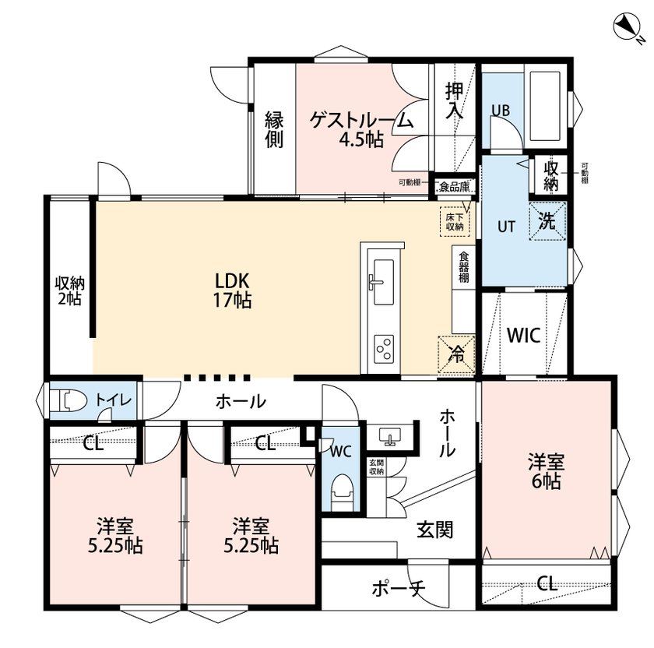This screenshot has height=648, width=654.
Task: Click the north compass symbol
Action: pos(628,29)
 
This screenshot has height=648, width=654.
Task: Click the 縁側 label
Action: pos(273,129)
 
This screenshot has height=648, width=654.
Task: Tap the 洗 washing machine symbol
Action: pos(548,222)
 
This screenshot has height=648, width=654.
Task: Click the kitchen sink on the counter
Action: pos(381,277)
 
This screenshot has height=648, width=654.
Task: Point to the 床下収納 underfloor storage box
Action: pos(455,220)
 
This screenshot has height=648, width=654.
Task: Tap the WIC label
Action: pos(524,335)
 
